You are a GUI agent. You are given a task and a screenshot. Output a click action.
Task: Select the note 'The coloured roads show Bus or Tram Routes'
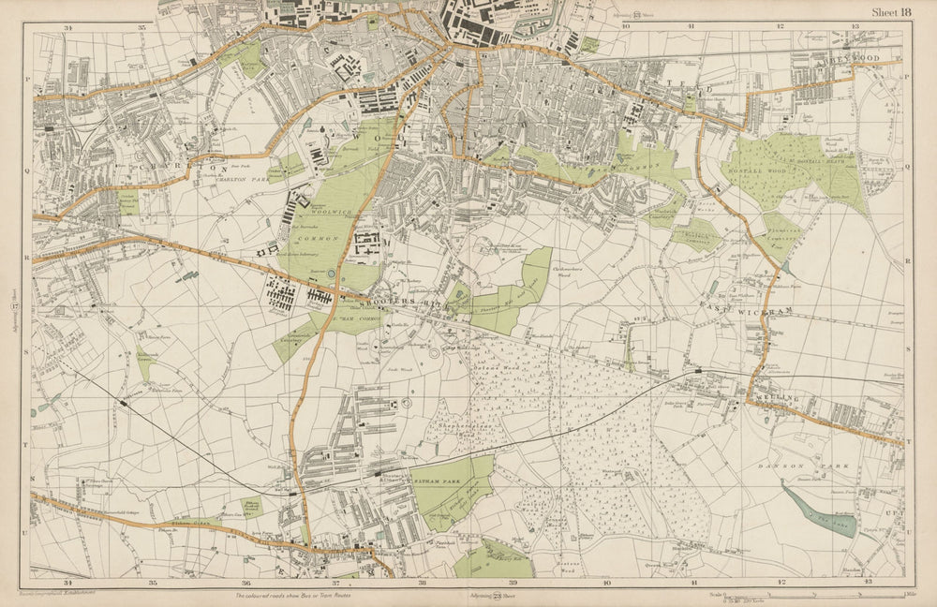(x=300, y=595)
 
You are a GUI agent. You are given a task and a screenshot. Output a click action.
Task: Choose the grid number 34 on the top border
(x=67, y=27)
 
